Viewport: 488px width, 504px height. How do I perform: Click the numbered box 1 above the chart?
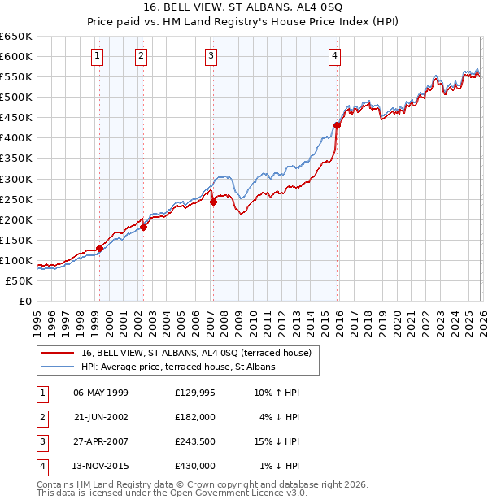tap(97, 56)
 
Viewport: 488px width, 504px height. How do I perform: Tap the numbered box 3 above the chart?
tap(211, 56)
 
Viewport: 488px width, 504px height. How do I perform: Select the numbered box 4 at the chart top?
tap(334, 56)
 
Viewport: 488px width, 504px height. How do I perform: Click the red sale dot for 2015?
tap(337, 125)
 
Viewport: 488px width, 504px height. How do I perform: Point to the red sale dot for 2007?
tap(213, 202)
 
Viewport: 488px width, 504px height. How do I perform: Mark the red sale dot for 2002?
tap(144, 227)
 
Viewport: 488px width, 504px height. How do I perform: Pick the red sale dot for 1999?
tap(99, 248)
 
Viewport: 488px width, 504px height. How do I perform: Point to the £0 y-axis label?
tap(24, 302)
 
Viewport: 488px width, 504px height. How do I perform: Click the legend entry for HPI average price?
tap(178, 367)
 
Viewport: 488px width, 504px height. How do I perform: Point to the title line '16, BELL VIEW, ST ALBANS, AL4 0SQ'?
tap(244, 7)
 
